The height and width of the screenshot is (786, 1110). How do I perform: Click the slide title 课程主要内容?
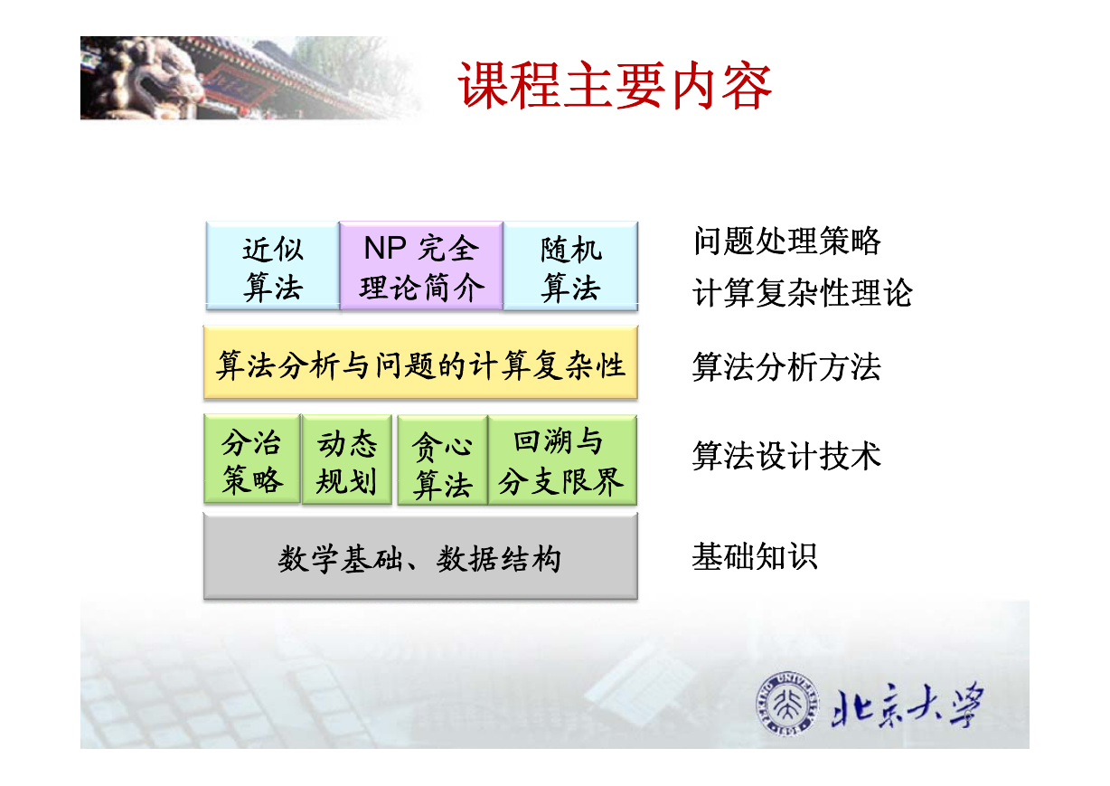click(615, 85)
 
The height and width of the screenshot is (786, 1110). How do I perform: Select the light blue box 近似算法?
click(273, 266)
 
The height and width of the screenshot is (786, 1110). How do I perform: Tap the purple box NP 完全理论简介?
click(421, 266)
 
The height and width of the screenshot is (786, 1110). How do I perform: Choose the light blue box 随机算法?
click(570, 266)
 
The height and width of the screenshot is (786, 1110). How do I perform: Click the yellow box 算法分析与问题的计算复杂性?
click(420, 363)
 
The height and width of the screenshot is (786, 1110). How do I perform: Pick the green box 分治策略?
click(252, 459)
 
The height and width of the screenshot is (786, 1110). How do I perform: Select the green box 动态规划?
click(347, 460)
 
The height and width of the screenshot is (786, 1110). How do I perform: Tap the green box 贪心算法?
click(443, 460)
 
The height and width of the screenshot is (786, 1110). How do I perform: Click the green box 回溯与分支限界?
click(562, 460)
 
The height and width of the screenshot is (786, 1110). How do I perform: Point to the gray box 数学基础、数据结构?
click(420, 557)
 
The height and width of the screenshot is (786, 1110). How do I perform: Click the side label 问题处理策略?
click(787, 241)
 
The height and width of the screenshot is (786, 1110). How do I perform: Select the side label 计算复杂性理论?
click(803, 292)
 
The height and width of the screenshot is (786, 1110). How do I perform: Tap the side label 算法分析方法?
click(787, 367)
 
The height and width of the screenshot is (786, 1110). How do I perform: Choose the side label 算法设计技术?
click(787, 456)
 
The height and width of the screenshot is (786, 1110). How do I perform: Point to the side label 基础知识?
click(755, 556)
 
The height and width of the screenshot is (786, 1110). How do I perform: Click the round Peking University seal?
click(787, 704)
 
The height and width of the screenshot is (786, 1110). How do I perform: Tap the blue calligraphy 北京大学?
click(908, 705)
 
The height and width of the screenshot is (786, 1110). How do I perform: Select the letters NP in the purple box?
click(385, 248)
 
